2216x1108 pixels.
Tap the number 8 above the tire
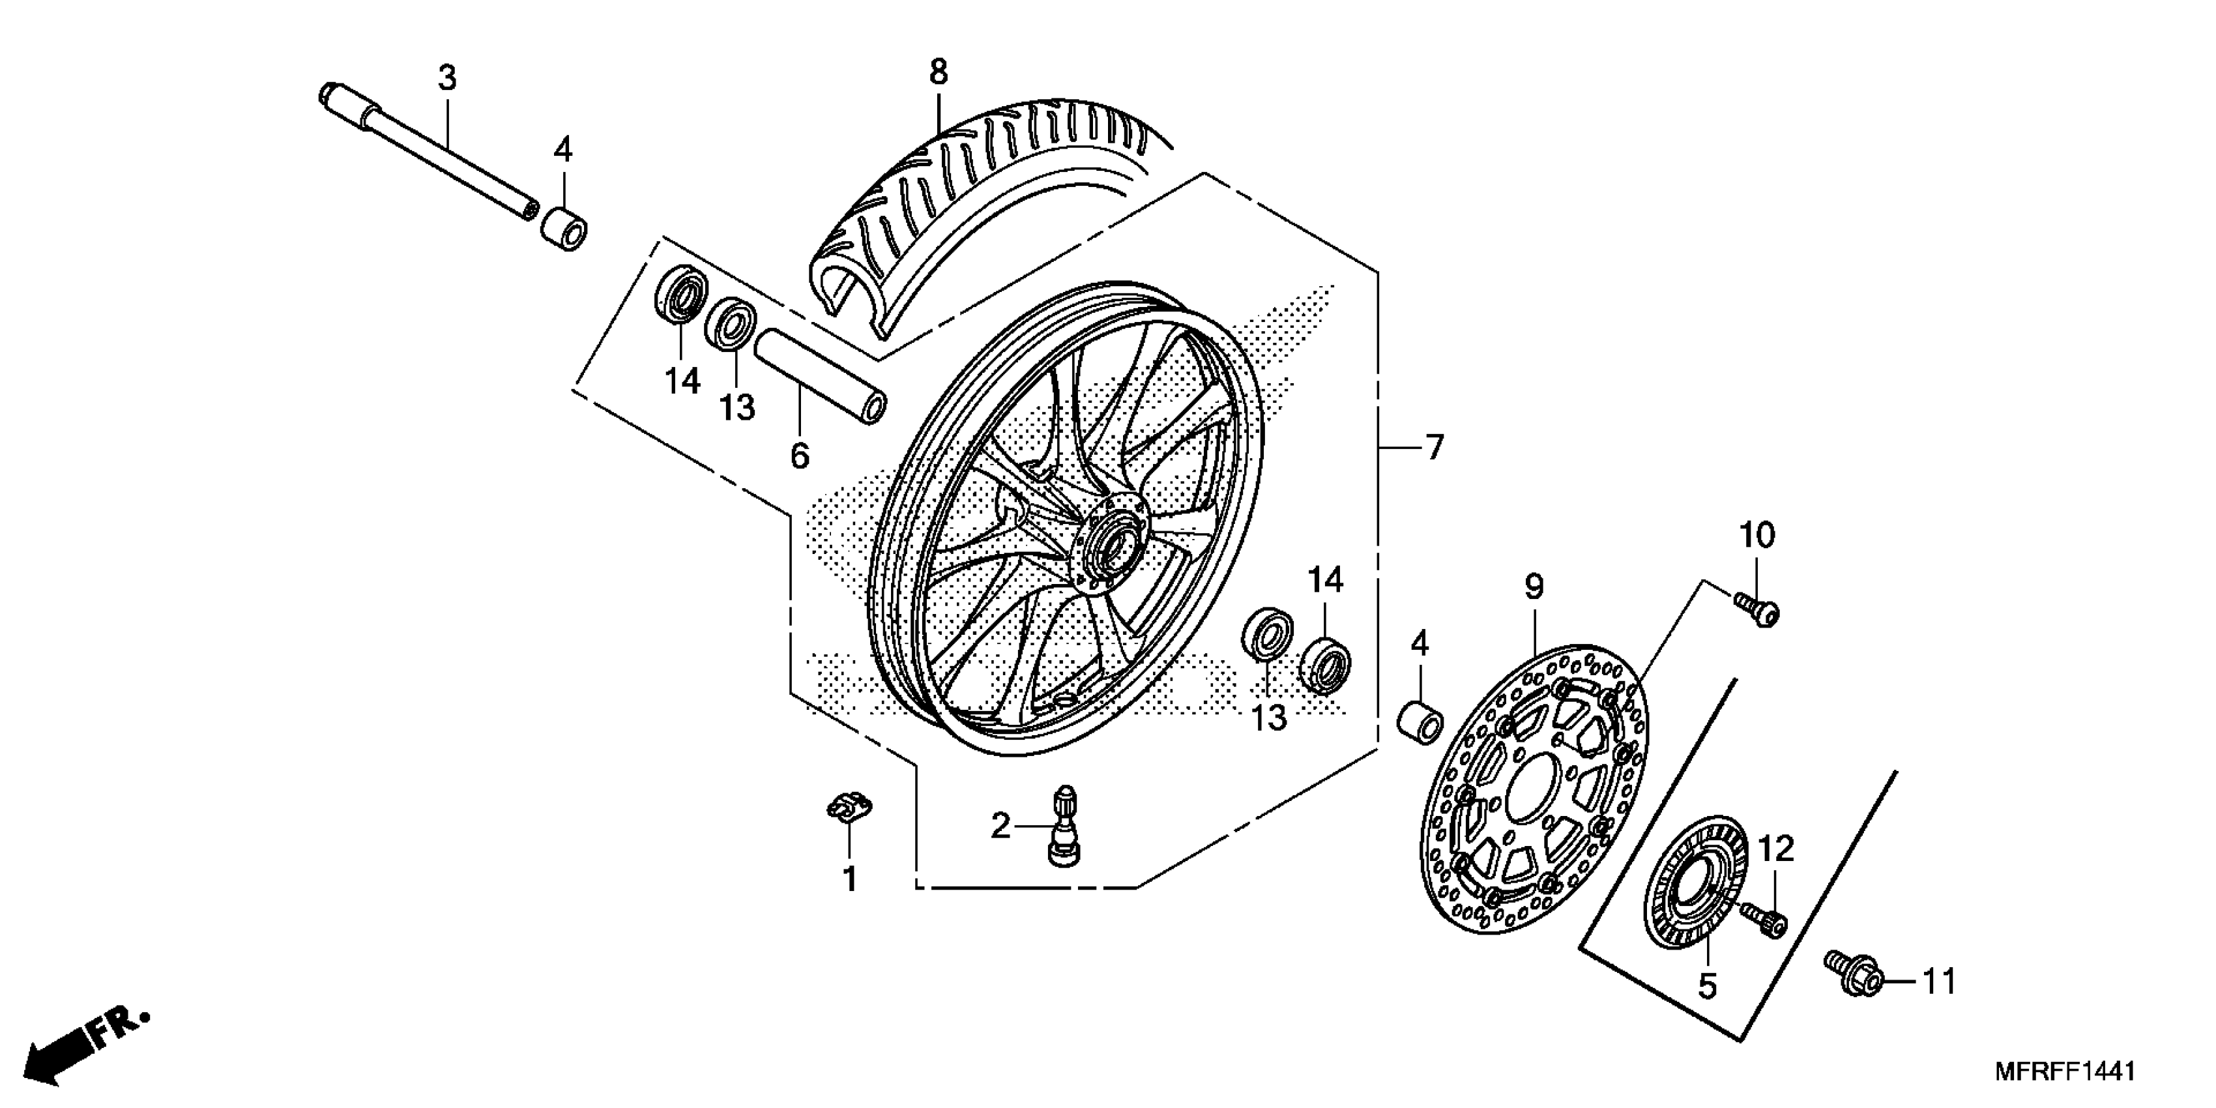coord(938,72)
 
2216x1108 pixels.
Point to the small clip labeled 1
coord(848,809)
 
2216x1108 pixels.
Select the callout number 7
coord(1433,448)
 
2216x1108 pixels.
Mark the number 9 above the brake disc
coord(1534,587)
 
